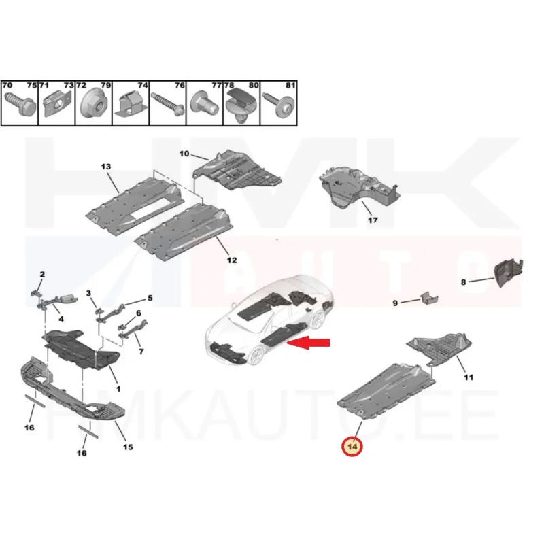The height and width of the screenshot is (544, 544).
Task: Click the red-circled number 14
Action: [352, 446]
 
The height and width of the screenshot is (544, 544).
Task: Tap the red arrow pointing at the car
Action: [309, 343]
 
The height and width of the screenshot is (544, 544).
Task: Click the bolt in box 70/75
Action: [20, 103]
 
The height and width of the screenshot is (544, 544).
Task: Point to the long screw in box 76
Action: [168, 103]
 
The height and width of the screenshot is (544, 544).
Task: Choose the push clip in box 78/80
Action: [241, 105]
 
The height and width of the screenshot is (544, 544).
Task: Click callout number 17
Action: [373, 220]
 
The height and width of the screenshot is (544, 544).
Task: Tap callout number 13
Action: [106, 167]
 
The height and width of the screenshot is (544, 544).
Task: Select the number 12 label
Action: [232, 260]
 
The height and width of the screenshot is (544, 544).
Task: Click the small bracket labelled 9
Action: [429, 299]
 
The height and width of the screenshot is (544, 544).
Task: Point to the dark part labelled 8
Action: [509, 273]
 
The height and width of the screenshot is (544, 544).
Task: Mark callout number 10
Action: [184, 154]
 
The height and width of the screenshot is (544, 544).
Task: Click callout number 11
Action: [469, 377]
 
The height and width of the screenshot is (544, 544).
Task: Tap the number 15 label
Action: [128, 447]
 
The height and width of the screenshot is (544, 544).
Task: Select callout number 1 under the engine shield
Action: [118, 389]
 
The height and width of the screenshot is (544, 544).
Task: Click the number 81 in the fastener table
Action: [290, 85]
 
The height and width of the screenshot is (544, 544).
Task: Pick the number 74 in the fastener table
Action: [143, 85]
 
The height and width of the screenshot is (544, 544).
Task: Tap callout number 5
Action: [150, 298]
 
